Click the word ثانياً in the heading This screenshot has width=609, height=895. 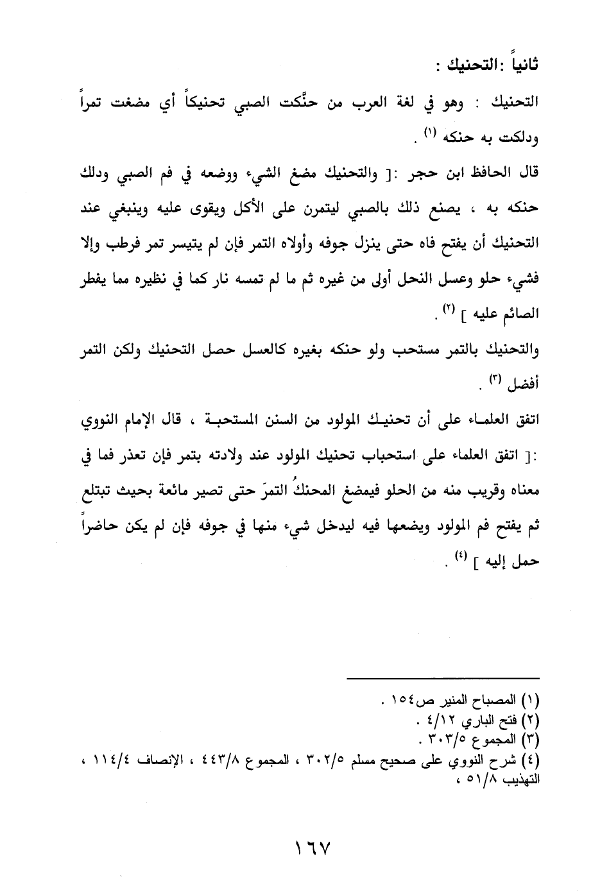pyautogui.click(x=520, y=65)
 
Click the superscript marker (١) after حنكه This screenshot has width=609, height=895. pyautogui.click(x=429, y=134)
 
